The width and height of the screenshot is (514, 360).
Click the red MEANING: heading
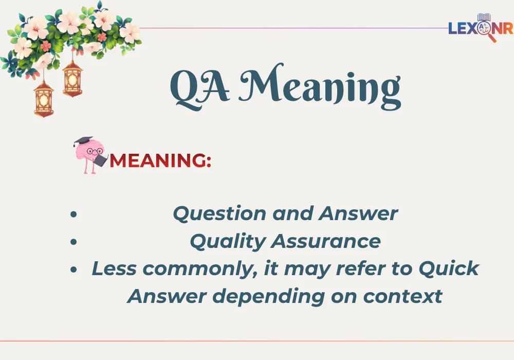pyautogui.click(x=160, y=161)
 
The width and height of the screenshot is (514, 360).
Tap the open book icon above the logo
pyautogui.click(x=484, y=17)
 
